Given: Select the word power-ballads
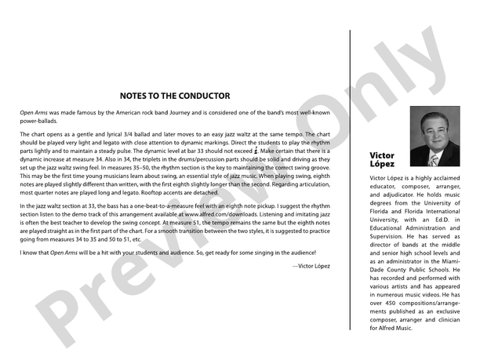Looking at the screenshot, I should pyautogui.click(x=39, y=122).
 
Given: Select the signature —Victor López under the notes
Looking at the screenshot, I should pyautogui.click(x=311, y=267).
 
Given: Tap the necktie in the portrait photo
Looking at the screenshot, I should pyautogui.click(x=432, y=159).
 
